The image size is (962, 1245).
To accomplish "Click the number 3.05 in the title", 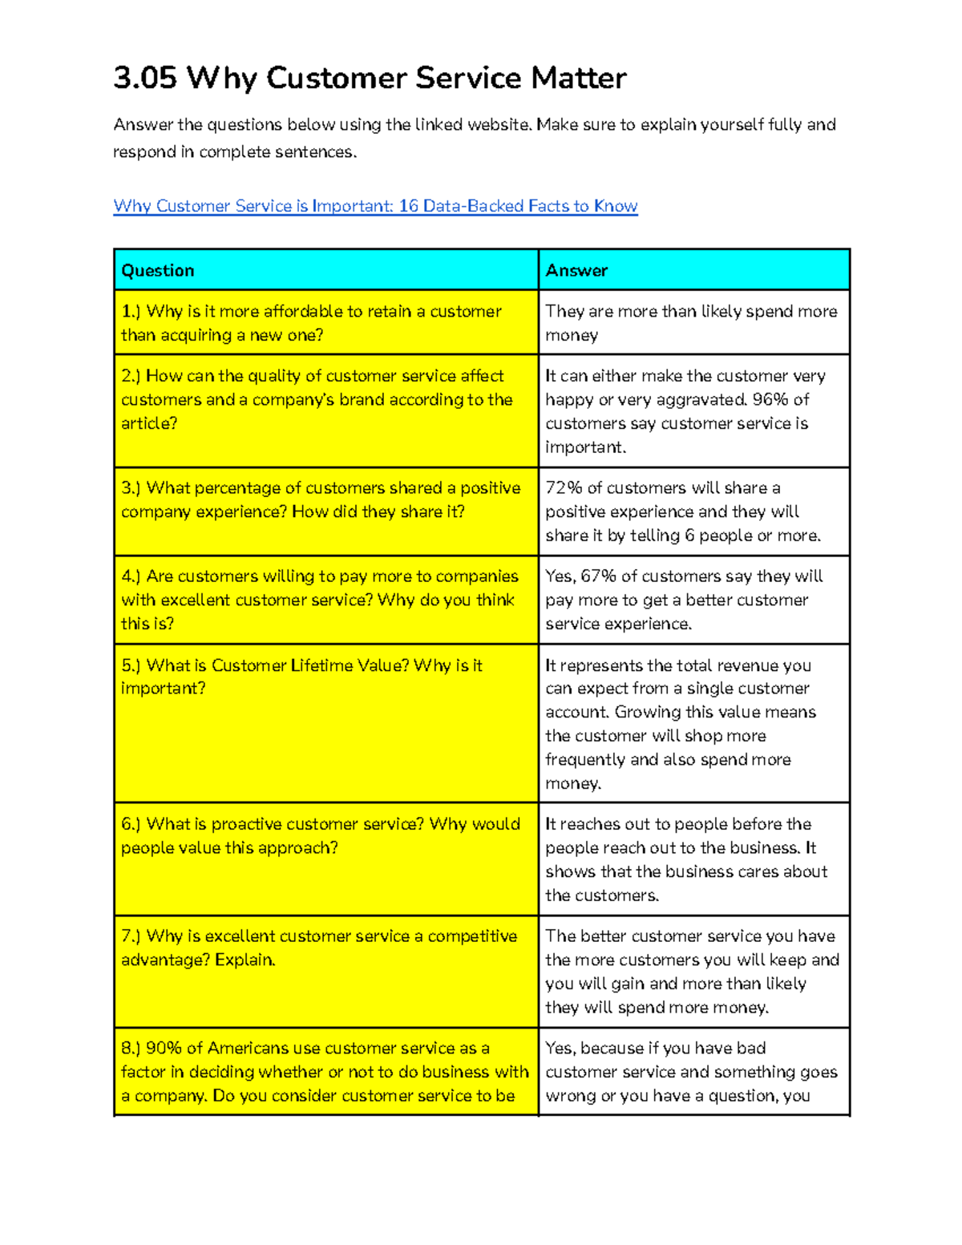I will click(x=145, y=79).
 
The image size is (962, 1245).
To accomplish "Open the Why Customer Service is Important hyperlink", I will click(x=375, y=206).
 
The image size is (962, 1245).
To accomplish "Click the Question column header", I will click(x=158, y=271).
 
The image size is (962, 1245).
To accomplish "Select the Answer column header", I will click(x=576, y=271).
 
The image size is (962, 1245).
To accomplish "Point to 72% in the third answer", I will click(x=564, y=488).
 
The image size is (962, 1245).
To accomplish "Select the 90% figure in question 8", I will click(x=164, y=1049).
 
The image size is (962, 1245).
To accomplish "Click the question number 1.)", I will click(x=131, y=311).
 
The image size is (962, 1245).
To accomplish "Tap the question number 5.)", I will click(x=131, y=665).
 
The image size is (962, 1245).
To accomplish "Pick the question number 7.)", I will click(x=131, y=936).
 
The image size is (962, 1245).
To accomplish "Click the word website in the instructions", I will click(x=499, y=125).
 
